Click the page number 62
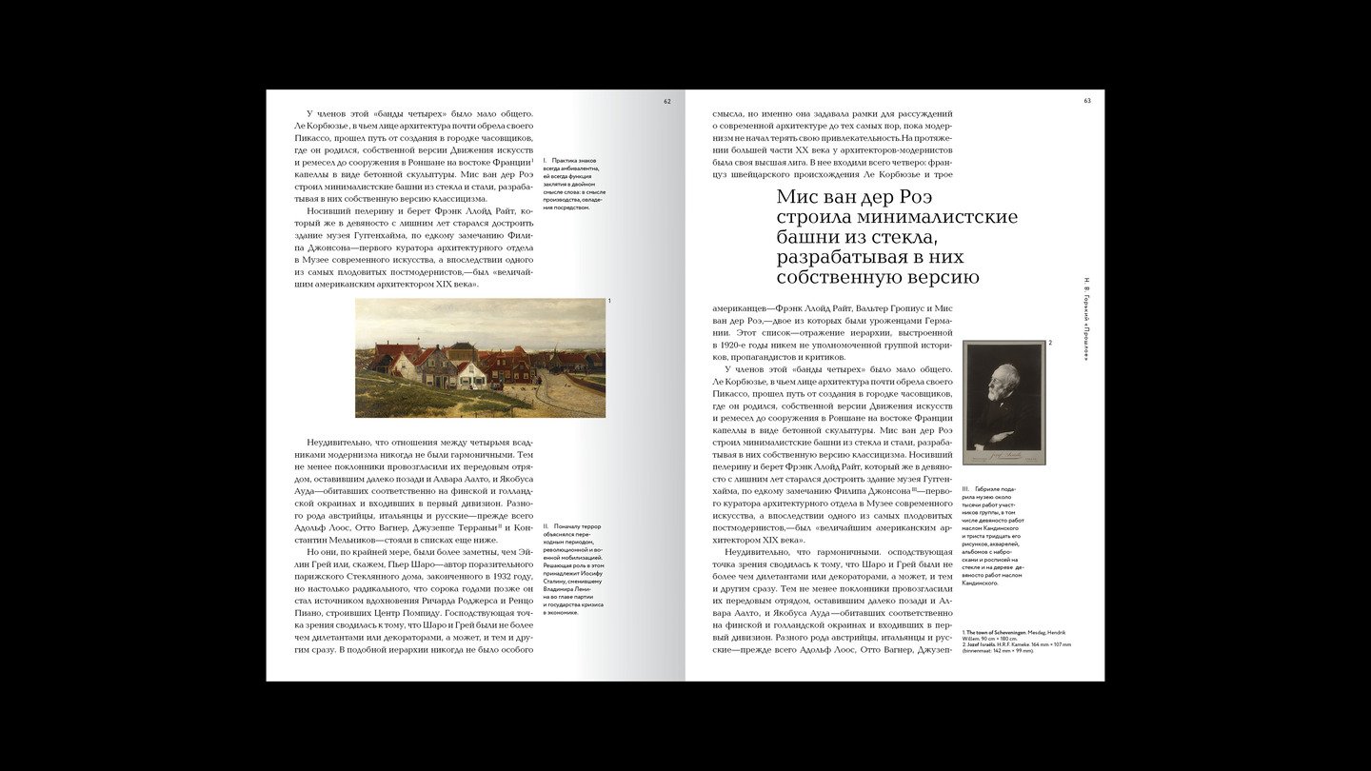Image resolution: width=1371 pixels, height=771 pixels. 667,100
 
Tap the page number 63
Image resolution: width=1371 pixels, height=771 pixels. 1087,100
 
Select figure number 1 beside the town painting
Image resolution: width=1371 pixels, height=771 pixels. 609,301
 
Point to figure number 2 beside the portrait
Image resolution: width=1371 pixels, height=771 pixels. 1050,343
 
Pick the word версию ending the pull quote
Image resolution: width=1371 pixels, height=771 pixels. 938,277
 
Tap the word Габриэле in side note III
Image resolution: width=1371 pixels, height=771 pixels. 990,489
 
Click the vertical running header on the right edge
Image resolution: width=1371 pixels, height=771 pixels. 1086,319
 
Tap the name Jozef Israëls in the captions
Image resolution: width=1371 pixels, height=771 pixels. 984,644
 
